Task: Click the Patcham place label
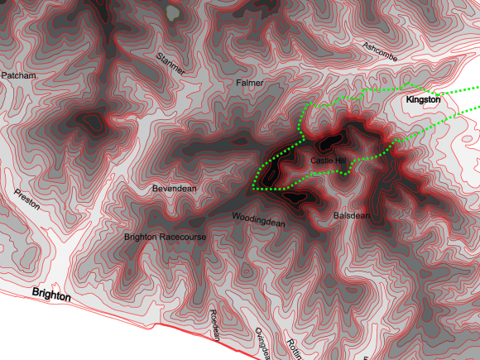pyautogui.click(x=19, y=75)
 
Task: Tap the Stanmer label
pyautogui.click(x=171, y=63)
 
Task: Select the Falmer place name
pyautogui.click(x=249, y=84)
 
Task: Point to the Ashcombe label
pyautogui.click(x=381, y=50)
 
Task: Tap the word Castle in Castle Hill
pyautogui.click(x=320, y=160)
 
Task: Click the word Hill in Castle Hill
pyautogui.click(x=339, y=160)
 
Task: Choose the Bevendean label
pyautogui.click(x=175, y=189)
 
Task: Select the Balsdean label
pyautogui.click(x=351, y=215)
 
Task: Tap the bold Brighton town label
pyautogui.click(x=51, y=295)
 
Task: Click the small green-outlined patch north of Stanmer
pyautogui.click(x=171, y=12)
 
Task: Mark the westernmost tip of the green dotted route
pyautogui.click(x=252, y=189)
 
